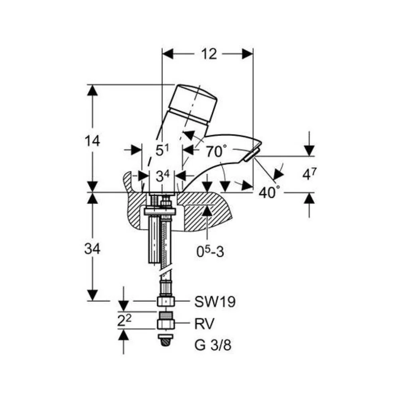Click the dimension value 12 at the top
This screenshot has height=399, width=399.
[x=209, y=54]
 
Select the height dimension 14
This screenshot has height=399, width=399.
[x=93, y=141]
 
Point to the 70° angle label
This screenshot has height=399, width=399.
[x=216, y=151]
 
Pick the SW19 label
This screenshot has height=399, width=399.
[x=215, y=302]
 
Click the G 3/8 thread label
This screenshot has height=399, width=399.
[x=213, y=345]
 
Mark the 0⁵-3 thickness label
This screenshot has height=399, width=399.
[x=210, y=251]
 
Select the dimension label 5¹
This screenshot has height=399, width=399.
[x=162, y=150]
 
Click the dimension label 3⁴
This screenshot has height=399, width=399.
[x=162, y=176]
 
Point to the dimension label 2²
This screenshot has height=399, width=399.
[x=124, y=321]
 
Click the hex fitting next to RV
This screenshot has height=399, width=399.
[x=166, y=324]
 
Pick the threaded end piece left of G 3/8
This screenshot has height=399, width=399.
[x=166, y=340]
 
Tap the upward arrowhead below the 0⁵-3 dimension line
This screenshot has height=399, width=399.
[x=207, y=210]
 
